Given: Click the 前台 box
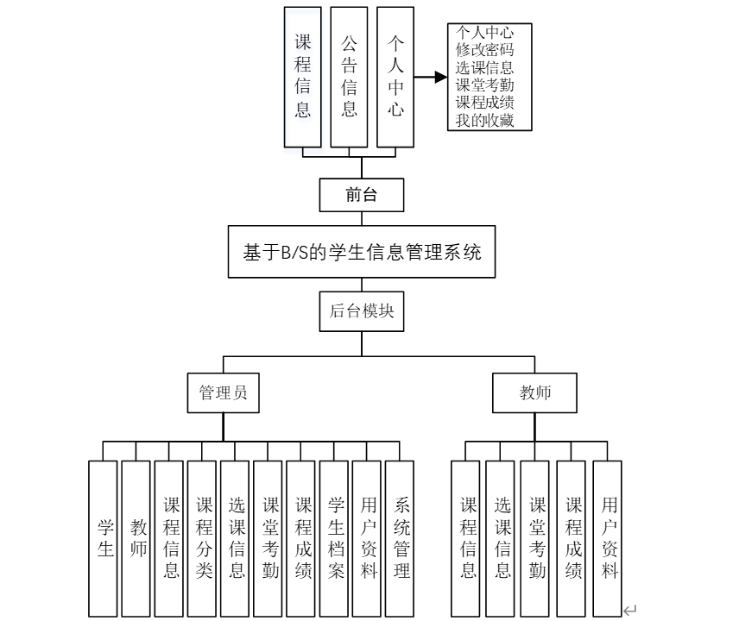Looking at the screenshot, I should (362, 195).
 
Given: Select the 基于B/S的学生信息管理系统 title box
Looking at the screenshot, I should (362, 252).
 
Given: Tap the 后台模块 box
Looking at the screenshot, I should (362, 311).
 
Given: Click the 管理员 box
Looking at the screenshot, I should (223, 392).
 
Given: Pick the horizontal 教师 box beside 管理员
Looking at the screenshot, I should (535, 392).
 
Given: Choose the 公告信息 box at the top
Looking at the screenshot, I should (349, 76).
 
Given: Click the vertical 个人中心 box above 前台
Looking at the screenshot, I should (395, 76).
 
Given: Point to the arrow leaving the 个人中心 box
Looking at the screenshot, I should (431, 76).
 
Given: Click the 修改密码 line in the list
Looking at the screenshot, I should (484, 50).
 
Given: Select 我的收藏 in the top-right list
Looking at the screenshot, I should (484, 120).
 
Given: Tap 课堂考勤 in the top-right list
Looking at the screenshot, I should (484, 85).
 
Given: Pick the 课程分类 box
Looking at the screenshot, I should (204, 536).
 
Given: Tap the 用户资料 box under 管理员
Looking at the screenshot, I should (369, 536).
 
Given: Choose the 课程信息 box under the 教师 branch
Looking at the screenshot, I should (467, 536).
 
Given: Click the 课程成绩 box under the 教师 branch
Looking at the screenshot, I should (572, 536).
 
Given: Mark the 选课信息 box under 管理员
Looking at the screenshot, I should (237, 536).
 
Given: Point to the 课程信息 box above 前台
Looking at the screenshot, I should (302, 76).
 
